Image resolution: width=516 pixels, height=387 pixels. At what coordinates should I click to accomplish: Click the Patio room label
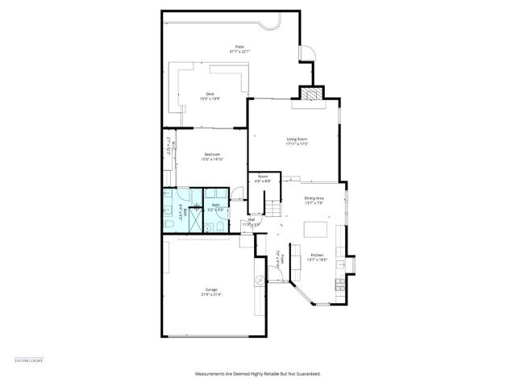click(239, 49)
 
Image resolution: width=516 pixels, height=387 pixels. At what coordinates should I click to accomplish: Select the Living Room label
click(298, 141)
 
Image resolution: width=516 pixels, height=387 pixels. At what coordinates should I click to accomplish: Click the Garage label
click(210, 291)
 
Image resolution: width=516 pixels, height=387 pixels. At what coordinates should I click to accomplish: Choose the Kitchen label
click(317, 257)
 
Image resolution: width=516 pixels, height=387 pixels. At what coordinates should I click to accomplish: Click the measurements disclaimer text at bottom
click(258, 374)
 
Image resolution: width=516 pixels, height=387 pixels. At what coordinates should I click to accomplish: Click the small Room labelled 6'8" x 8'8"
click(263, 180)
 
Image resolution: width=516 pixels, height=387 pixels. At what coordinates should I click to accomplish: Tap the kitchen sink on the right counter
click(342, 264)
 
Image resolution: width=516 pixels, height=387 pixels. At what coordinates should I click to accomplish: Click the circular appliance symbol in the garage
click(260, 280)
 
